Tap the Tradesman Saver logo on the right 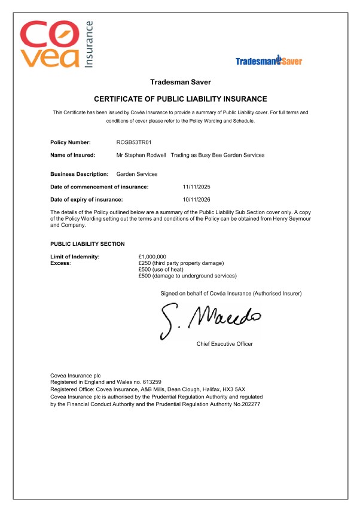[x=269, y=60]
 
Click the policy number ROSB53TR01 [x=134, y=142]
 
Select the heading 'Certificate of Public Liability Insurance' [x=181, y=99]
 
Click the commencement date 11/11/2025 [x=196, y=187]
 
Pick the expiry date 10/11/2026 [x=196, y=199]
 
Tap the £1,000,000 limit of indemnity [x=152, y=257]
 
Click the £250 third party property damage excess [x=181, y=263]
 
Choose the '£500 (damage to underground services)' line [x=187, y=276]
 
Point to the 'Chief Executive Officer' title [x=224, y=344]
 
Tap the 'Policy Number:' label [x=71, y=142]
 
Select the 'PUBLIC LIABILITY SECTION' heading [x=88, y=244]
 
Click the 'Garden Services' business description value [x=137, y=174]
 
